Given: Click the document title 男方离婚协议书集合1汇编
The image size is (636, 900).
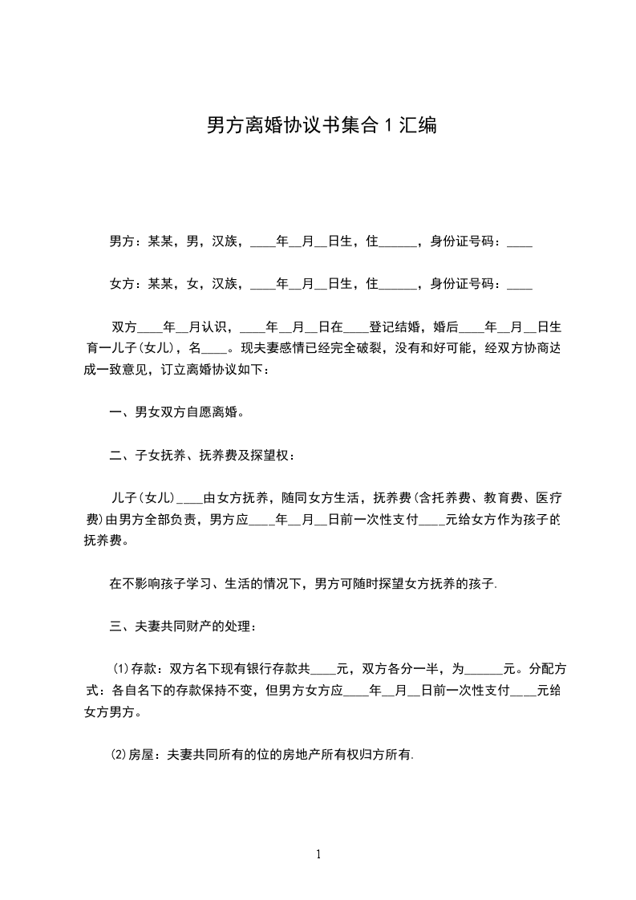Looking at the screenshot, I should (322, 125).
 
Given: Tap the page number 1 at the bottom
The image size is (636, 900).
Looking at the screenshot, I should (318, 854).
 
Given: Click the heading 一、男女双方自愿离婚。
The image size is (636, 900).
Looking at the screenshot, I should (176, 413).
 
